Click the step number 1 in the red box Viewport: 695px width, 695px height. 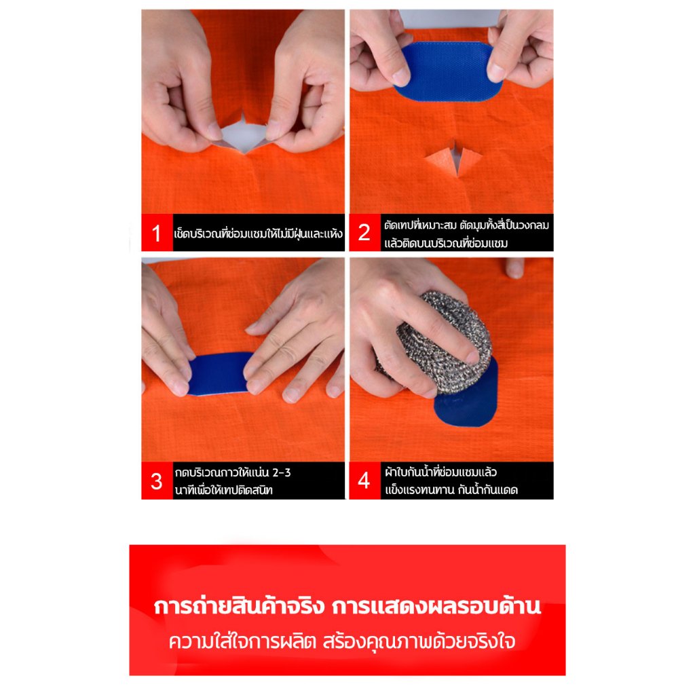pyautogui.click(x=156, y=233)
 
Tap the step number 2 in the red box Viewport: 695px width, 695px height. pyautogui.click(x=364, y=232)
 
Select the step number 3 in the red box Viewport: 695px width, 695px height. pyautogui.click(x=156, y=481)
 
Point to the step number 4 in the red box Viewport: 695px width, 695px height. pyautogui.click(x=364, y=480)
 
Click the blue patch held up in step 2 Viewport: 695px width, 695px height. pyautogui.click(x=448, y=71)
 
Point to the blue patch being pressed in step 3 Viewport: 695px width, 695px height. pyautogui.click(x=218, y=373)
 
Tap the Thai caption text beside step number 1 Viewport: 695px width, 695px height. pyautogui.click(x=259, y=233)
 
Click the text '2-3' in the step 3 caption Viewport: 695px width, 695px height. pyautogui.click(x=282, y=473)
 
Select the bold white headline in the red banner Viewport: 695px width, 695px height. pyautogui.click(x=347, y=606)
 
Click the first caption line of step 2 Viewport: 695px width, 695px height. pyautogui.click(x=467, y=225)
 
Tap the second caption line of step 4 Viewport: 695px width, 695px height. pyautogui.click(x=451, y=490)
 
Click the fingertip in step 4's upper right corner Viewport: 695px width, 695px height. pyautogui.click(x=515, y=267)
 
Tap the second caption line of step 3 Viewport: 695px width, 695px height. pyautogui.click(x=223, y=490)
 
